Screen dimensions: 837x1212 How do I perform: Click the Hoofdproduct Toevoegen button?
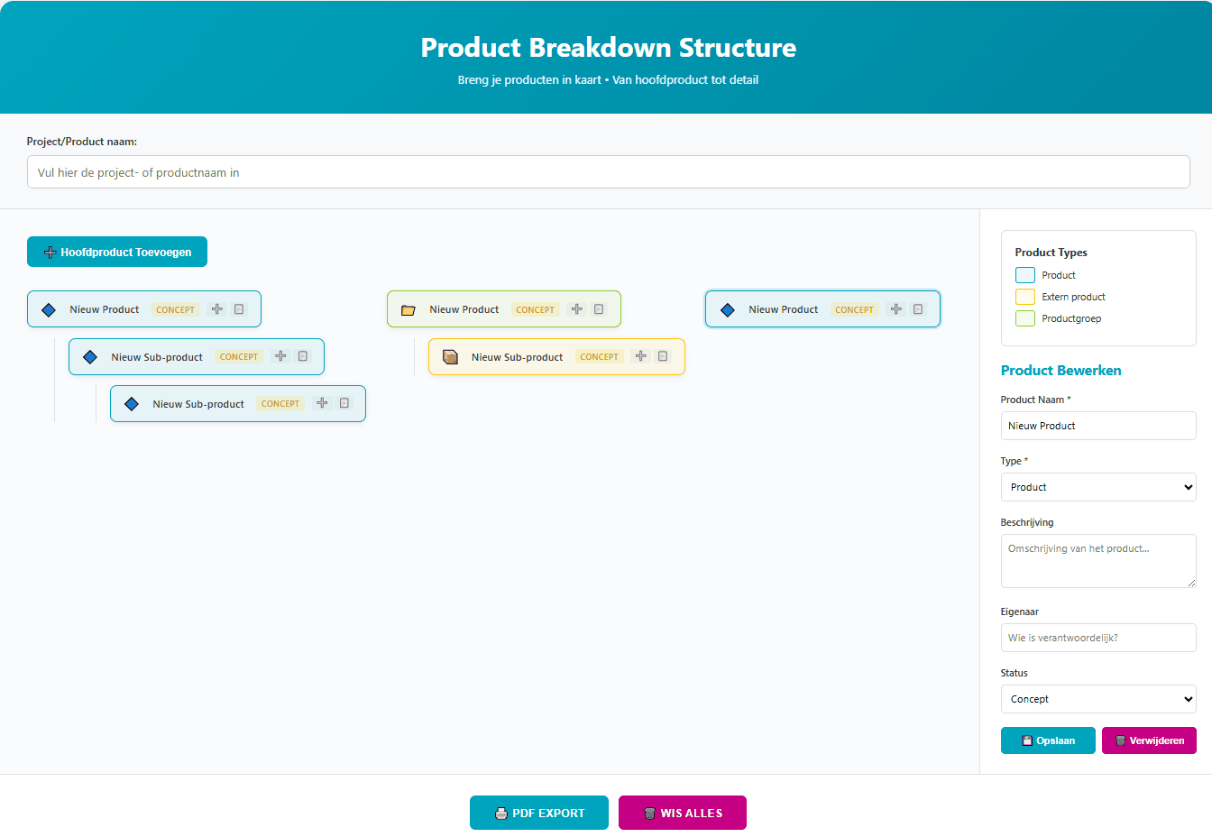[x=117, y=252]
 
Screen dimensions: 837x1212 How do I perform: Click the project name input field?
[x=608, y=172]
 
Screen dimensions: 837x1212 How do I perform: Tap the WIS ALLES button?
[x=683, y=813]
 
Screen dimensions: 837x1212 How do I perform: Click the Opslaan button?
[x=1048, y=740]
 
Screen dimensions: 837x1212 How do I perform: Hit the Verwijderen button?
[x=1149, y=740]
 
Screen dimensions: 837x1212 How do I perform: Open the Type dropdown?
[x=1098, y=487]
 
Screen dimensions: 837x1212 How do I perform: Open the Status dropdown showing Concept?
[x=1098, y=699]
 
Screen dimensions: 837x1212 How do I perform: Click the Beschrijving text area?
[x=1098, y=560]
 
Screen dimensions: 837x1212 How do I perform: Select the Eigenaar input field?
[x=1098, y=638]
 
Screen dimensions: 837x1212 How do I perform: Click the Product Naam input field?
[x=1098, y=426]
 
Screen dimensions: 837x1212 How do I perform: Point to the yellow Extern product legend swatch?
[x=1025, y=297]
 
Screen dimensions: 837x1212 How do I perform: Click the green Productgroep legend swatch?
[x=1025, y=318]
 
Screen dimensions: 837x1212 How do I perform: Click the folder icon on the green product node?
[x=409, y=310]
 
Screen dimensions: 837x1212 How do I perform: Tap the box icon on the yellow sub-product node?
[x=451, y=357]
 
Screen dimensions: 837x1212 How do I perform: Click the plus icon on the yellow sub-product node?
[x=641, y=356]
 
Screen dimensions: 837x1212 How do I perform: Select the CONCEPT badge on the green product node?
[x=535, y=309]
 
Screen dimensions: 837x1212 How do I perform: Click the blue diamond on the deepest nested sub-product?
[x=132, y=404]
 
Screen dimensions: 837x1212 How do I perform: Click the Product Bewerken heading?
[x=1060, y=371]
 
